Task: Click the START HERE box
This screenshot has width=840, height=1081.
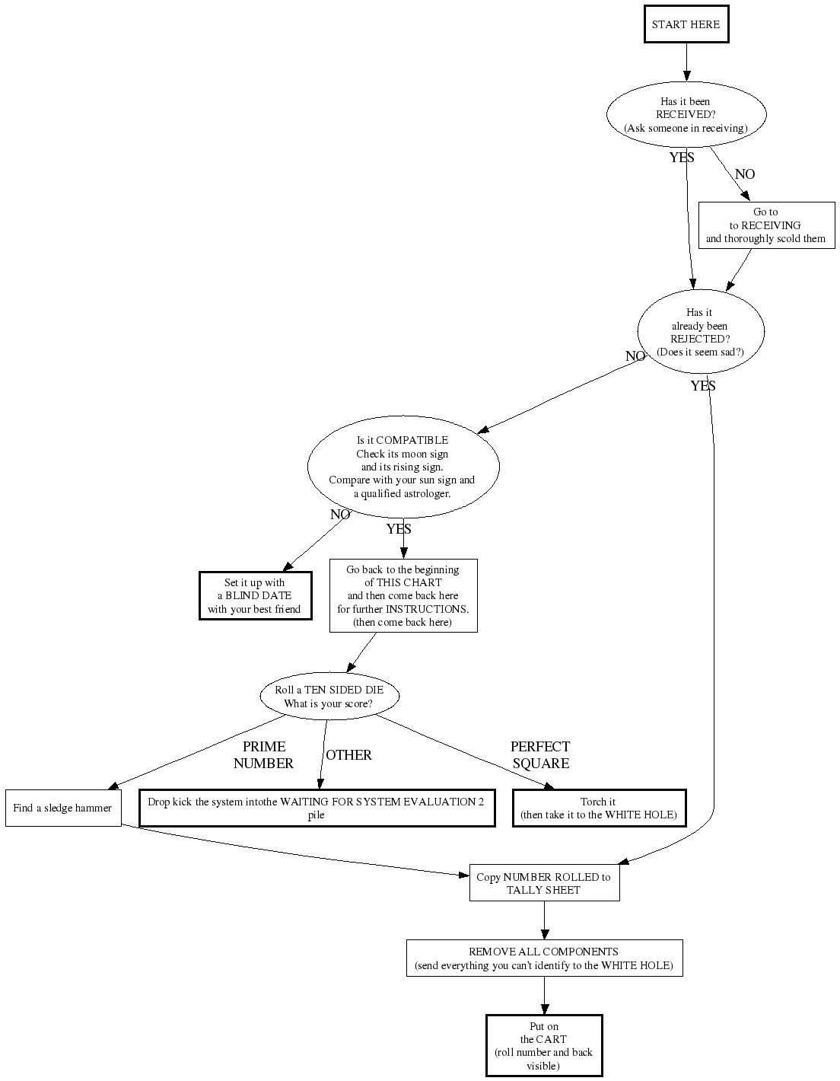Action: (686, 24)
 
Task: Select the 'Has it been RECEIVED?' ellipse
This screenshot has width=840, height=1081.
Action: (686, 115)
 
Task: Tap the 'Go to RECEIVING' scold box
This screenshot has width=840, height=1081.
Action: (766, 225)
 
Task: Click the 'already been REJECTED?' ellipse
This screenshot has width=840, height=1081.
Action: (700, 332)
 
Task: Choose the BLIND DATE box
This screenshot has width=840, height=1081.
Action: (255, 596)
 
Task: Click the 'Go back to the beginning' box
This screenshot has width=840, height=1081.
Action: (402, 596)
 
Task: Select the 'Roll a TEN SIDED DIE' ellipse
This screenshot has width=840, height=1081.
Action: (329, 697)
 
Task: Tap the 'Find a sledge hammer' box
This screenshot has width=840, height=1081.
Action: (63, 808)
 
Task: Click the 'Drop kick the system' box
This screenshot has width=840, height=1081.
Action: (317, 808)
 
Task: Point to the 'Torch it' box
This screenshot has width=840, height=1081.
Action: (599, 808)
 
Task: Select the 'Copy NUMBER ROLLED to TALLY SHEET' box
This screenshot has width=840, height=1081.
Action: (544, 883)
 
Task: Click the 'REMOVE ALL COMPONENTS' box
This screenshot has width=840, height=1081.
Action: (544, 958)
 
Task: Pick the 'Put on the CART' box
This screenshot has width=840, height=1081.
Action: (544, 1046)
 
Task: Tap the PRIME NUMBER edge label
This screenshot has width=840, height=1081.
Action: (263, 755)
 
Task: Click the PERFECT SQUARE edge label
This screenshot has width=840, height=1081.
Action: (540, 755)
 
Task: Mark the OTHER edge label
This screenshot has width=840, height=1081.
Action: (348, 755)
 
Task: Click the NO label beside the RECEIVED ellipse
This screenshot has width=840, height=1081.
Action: (745, 174)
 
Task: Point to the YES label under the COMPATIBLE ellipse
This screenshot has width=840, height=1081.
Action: (398, 529)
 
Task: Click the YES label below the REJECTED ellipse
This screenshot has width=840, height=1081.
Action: (703, 386)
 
